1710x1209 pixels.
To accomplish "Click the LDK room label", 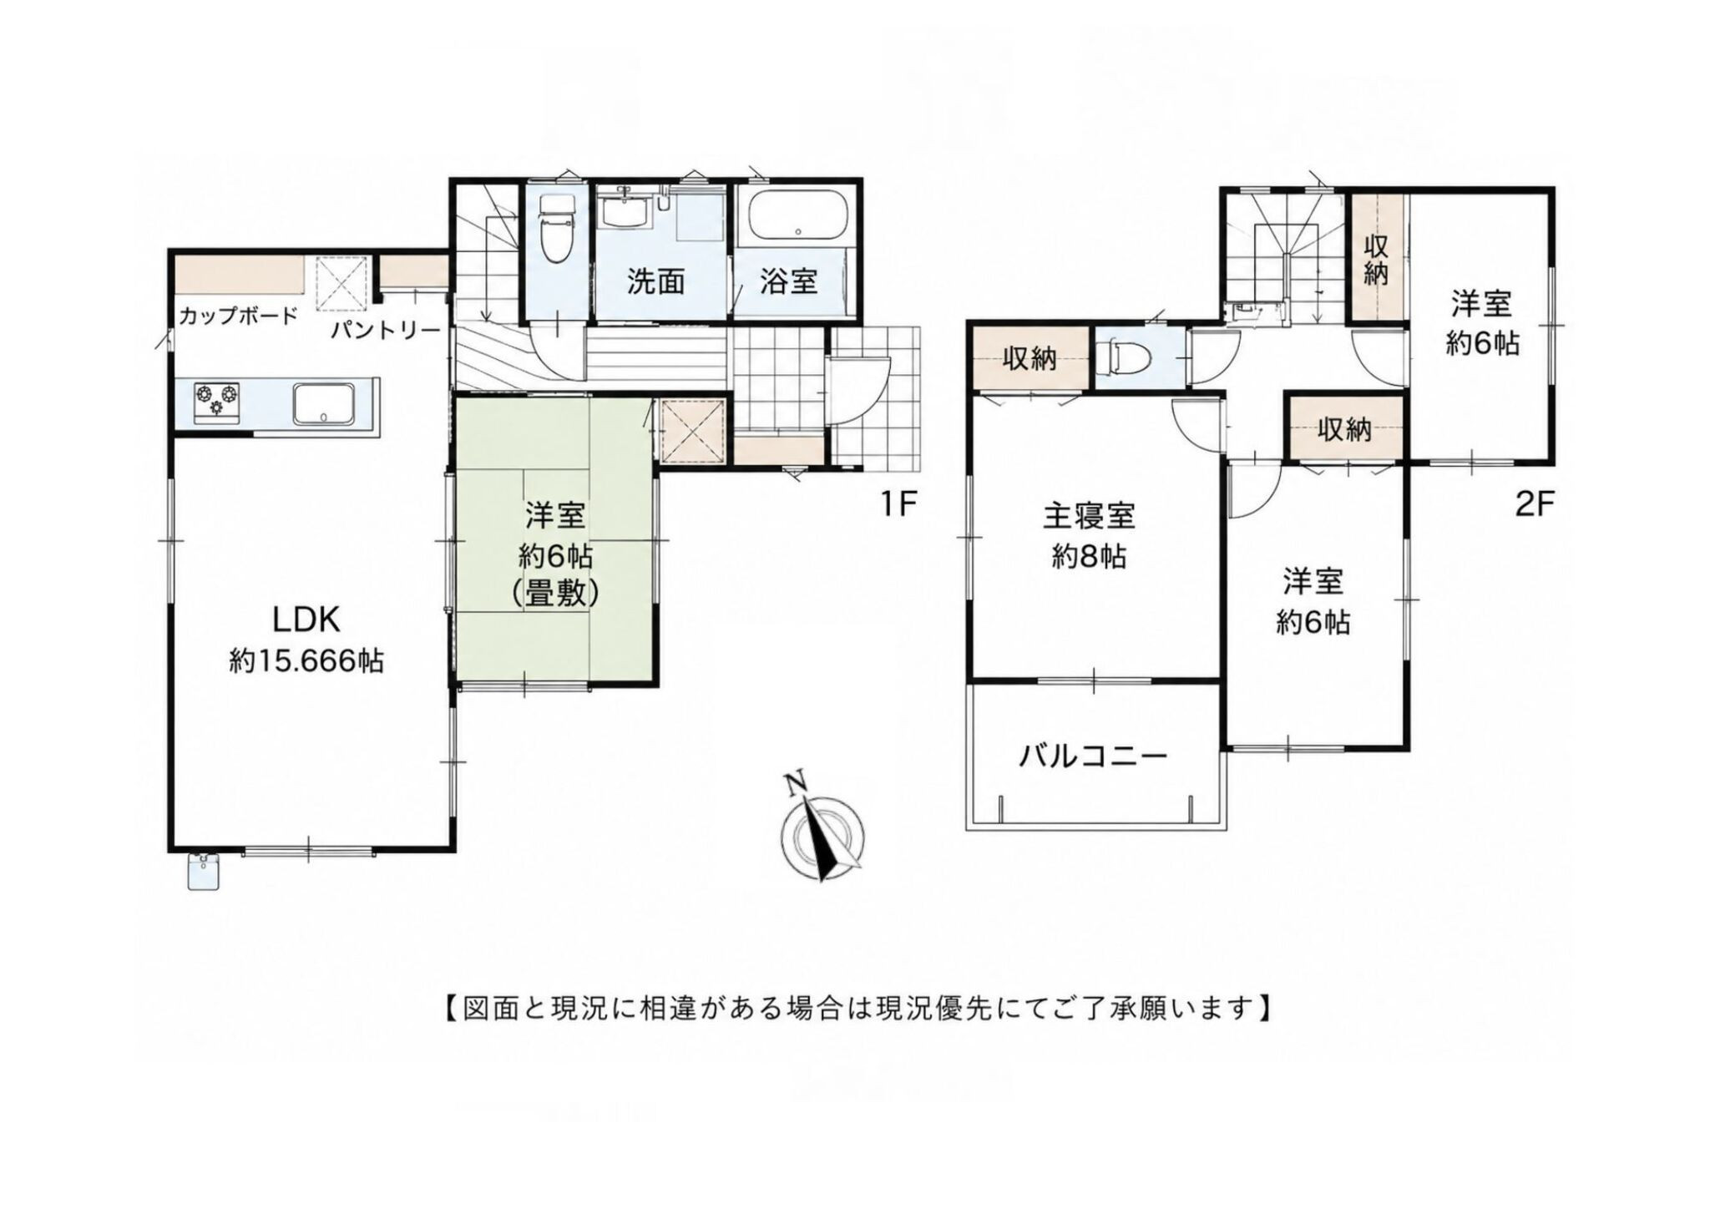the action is click(x=306, y=620).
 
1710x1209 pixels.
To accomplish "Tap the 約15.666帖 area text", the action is click(x=306, y=662).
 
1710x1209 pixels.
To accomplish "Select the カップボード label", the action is click(x=238, y=316).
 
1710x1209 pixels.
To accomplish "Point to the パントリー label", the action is click(x=385, y=331).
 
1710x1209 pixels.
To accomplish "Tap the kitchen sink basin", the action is click(x=324, y=404).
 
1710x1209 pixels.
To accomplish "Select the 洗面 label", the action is click(x=656, y=283).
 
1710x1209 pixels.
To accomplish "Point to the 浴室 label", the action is click(x=788, y=282).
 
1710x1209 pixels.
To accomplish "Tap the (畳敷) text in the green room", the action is click(x=555, y=593).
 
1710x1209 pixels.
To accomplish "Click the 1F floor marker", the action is click(x=898, y=503).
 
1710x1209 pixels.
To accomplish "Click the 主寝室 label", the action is click(x=1089, y=515).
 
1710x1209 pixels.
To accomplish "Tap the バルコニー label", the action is click(x=1093, y=756).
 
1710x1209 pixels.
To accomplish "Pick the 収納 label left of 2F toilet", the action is click(x=1030, y=358).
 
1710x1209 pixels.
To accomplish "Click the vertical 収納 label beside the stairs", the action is click(x=1376, y=259).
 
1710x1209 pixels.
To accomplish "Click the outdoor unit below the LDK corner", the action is click(x=205, y=873).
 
